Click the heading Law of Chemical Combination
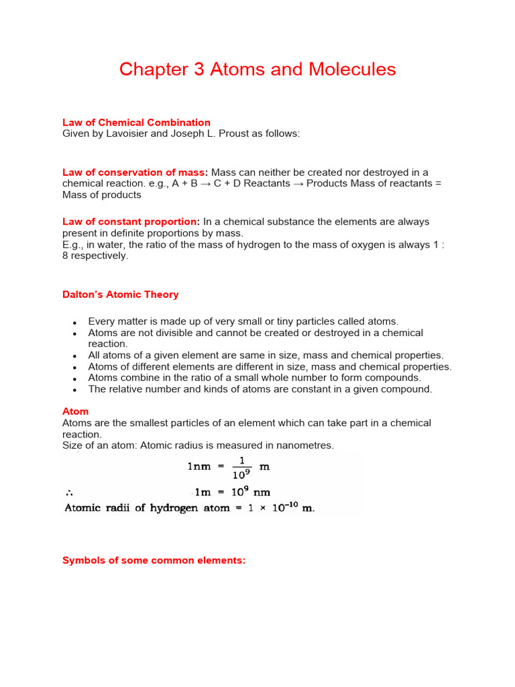coord(136,123)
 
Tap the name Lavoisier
coord(131,134)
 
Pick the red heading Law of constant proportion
coord(130,221)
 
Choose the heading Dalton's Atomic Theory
coord(121,295)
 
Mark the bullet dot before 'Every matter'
coord(76,323)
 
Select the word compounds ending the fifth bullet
coord(398,378)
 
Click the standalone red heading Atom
coord(75,411)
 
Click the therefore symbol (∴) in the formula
coord(68,490)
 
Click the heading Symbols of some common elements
coord(154,560)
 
